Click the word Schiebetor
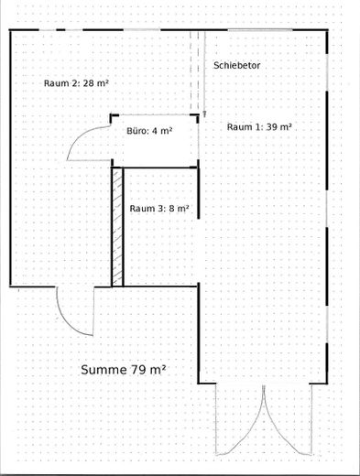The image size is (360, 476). pos(236,65)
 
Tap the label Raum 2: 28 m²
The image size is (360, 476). pos(76,83)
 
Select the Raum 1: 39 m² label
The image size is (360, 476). pos(259,126)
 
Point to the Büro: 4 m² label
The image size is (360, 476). pos(149,131)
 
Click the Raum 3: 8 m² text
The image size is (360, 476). pos(159,209)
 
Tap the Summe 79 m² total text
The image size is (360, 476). pos(124,370)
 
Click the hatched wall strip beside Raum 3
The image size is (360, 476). pos(117,227)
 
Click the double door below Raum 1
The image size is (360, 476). pos(264,419)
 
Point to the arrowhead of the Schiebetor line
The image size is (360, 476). pos(204,114)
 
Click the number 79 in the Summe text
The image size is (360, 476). pos(137,370)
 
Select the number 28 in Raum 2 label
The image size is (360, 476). pos(89,83)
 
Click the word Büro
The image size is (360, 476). pos(135,131)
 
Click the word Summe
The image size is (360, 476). pos(104,370)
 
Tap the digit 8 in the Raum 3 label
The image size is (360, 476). pos(171,209)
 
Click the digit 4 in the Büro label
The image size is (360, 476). pos(155,131)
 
